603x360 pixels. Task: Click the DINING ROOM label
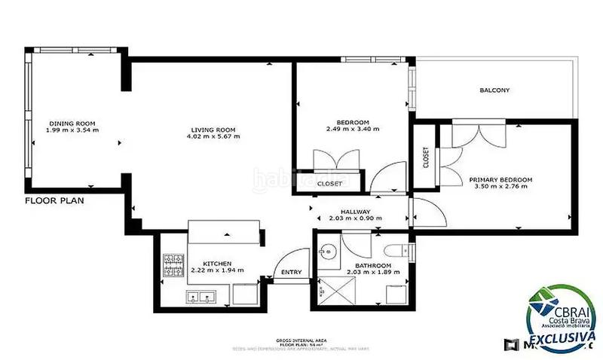pyautogui.click(x=72, y=123)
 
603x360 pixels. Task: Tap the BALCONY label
pyautogui.click(x=494, y=90)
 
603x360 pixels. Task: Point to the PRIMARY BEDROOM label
pyautogui.click(x=500, y=179)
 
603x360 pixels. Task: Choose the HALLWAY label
pyautogui.click(x=355, y=212)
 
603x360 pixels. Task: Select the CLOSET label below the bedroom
pyautogui.click(x=329, y=183)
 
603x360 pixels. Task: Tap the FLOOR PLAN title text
pyautogui.click(x=54, y=201)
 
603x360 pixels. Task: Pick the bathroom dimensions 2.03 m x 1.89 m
pyautogui.click(x=363, y=273)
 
